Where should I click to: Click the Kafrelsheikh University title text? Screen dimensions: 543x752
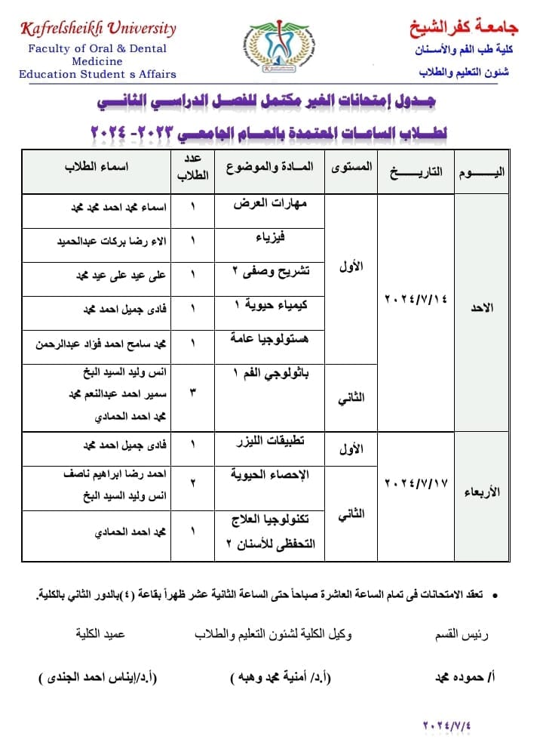(x=97, y=29)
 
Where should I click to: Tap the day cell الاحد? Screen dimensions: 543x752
(x=483, y=308)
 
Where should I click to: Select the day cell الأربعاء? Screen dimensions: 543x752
(x=483, y=492)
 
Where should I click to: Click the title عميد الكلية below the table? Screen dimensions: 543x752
(x=100, y=635)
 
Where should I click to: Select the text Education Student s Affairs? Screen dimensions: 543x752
(x=97, y=74)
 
